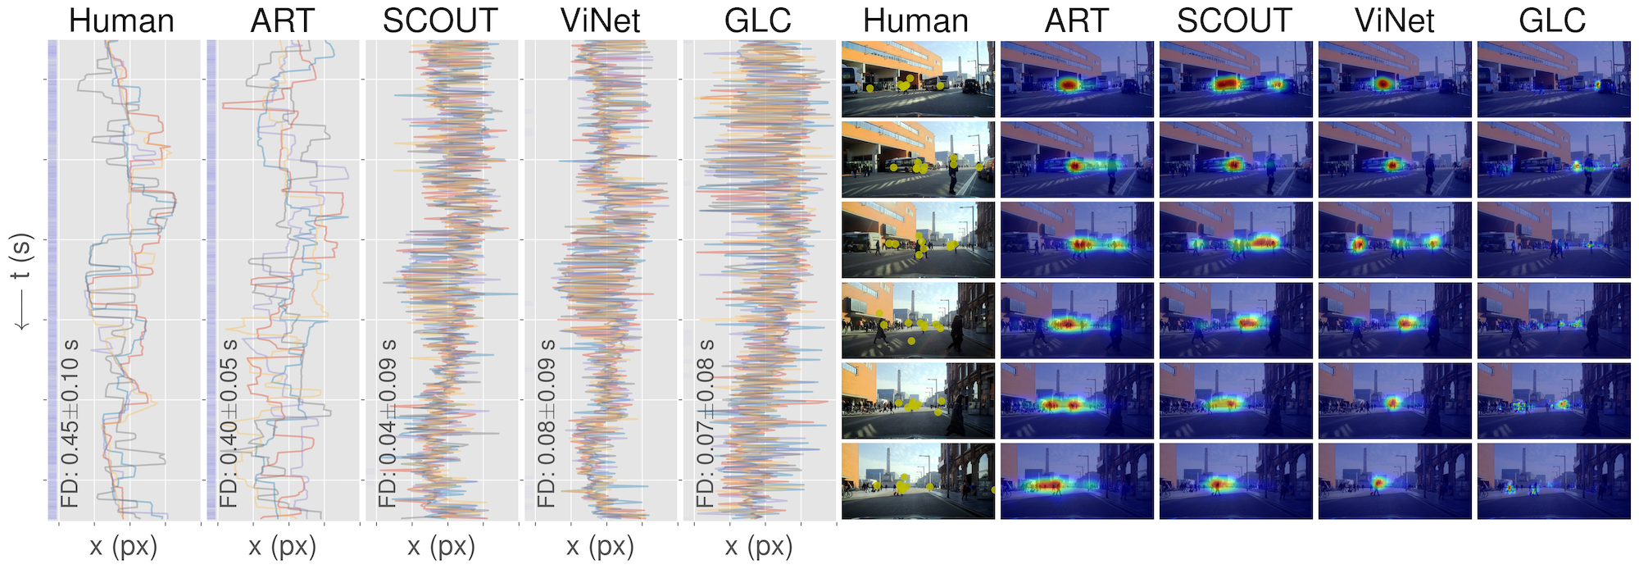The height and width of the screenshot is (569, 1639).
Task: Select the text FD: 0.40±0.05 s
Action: coord(230,423)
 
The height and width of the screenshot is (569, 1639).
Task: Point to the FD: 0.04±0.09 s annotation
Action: coord(388,423)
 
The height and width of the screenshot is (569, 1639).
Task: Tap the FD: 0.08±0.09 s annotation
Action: coord(547,423)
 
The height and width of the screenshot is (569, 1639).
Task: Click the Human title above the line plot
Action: coord(121,20)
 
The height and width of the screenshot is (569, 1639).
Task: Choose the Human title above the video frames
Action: coord(916,20)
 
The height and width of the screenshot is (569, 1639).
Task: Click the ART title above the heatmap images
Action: coord(1076,20)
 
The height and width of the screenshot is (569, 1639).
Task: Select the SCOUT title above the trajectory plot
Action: coord(440,20)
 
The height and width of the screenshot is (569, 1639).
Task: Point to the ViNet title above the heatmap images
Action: coord(1395,20)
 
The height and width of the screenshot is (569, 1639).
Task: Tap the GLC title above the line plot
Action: coord(758,20)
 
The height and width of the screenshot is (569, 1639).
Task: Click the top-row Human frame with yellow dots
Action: coord(918,79)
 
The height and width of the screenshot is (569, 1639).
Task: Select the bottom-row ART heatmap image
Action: coord(1077,481)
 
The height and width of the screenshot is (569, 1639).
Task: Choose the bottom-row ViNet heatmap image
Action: coord(1395,481)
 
